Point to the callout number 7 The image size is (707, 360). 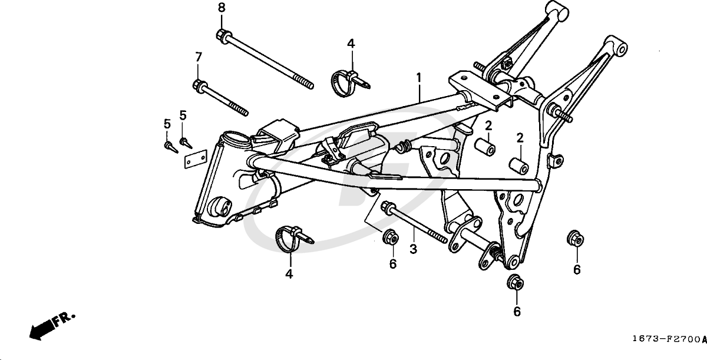pyautogui.click(x=199, y=57)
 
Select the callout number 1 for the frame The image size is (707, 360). pyautogui.click(x=419, y=77)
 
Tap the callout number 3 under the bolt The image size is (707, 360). pyautogui.click(x=414, y=249)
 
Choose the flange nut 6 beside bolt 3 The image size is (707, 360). pyautogui.click(x=389, y=237)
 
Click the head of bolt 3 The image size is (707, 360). pyautogui.click(x=389, y=207)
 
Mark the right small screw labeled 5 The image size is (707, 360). pyautogui.click(x=184, y=142)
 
